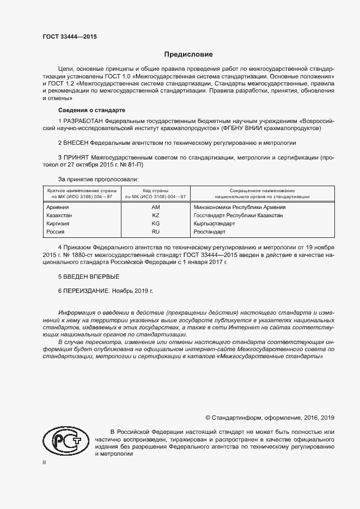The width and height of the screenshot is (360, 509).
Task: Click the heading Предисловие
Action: click(189, 54)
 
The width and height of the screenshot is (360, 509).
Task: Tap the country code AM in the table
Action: click(156, 207)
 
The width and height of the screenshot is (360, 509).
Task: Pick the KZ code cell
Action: click(156, 216)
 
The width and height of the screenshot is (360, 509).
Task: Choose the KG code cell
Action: click(156, 224)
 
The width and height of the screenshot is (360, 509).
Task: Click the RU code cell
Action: click(156, 232)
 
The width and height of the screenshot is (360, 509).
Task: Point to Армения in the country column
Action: click(58, 207)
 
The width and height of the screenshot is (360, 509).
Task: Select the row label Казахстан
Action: click(60, 216)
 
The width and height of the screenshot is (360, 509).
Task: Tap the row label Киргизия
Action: click(59, 224)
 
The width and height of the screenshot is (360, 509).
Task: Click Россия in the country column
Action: click(56, 232)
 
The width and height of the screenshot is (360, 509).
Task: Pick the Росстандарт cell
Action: click(209, 232)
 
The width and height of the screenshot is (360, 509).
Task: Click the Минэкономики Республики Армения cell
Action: click(240, 207)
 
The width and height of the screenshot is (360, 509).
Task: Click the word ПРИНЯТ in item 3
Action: click(77, 157)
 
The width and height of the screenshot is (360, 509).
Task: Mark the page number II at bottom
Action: click(45, 462)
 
